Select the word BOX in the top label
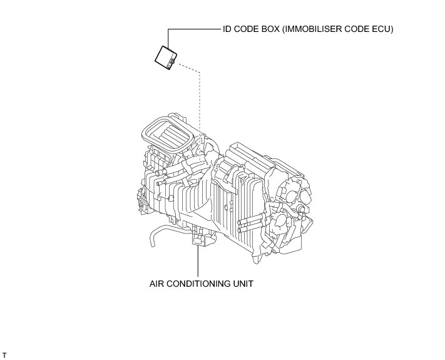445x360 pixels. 270,29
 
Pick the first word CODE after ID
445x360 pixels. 247,29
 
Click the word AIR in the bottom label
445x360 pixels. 157,283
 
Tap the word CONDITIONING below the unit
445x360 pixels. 198,283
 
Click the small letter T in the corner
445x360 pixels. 5,355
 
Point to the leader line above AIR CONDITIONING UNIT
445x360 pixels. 198,263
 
